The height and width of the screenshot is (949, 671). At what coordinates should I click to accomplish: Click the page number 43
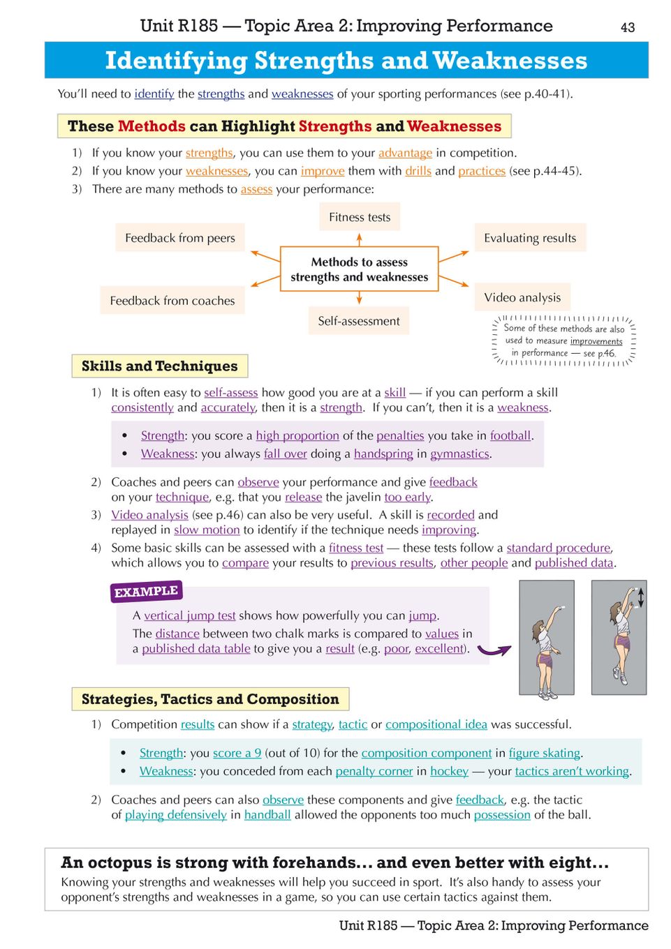(x=628, y=27)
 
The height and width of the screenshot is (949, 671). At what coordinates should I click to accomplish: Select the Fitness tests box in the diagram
(x=360, y=217)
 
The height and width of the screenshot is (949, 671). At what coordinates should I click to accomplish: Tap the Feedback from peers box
(x=180, y=238)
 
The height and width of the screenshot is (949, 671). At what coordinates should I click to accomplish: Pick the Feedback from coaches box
(x=172, y=301)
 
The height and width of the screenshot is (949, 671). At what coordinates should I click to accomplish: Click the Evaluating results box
(x=530, y=238)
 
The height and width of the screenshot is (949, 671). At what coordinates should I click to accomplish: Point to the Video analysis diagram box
(x=522, y=297)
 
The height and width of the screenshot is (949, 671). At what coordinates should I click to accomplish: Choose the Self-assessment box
(x=359, y=321)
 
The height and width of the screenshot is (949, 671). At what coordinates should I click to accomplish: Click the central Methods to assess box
(x=360, y=269)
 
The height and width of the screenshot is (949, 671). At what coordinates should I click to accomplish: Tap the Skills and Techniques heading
(x=159, y=366)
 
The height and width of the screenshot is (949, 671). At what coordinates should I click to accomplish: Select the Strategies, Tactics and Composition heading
(x=210, y=699)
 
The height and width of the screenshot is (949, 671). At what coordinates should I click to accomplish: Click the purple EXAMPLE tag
(x=146, y=592)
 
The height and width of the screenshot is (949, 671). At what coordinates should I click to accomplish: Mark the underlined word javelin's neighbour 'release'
(x=303, y=497)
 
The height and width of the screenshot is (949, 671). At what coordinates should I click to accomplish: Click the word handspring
(x=383, y=454)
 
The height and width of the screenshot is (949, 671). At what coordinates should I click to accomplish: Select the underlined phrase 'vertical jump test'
(x=189, y=615)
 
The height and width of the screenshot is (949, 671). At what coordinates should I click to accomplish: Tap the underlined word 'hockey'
(x=449, y=771)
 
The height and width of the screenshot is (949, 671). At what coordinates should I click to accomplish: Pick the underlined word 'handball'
(x=267, y=814)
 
